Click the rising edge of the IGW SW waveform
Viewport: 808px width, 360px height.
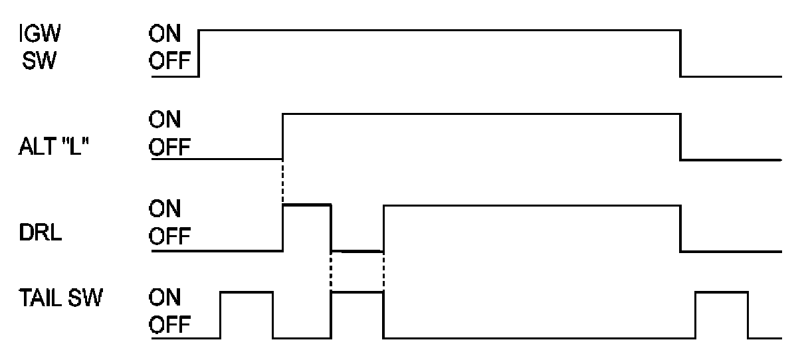(199, 53)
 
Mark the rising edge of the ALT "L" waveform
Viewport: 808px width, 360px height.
(283, 137)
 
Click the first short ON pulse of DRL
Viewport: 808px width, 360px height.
(306, 206)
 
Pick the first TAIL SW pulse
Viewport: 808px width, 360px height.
(247, 292)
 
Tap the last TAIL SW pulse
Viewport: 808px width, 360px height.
(722, 292)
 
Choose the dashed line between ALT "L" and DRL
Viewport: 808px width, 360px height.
(283, 183)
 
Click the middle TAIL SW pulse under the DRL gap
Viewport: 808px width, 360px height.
(357, 292)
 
